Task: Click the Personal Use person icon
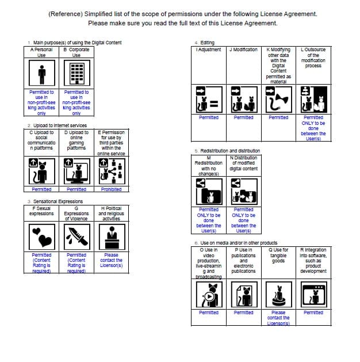tap(41, 74)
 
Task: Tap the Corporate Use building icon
tap(76, 74)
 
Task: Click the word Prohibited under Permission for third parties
tap(111, 189)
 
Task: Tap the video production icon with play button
tap(209, 295)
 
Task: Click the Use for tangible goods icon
tap(278, 295)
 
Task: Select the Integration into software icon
tap(313, 295)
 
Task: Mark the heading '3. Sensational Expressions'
tap(55, 201)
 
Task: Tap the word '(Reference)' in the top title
tap(64, 14)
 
